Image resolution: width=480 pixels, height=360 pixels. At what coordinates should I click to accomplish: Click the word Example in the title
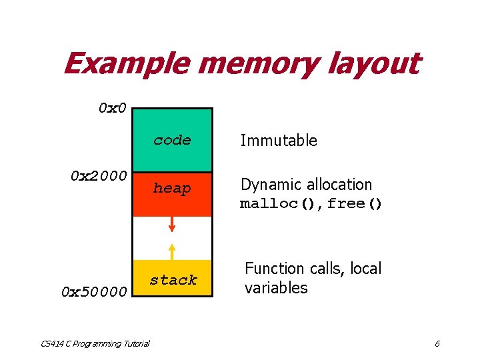click(127, 65)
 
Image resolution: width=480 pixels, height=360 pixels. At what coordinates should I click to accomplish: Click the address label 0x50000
click(93, 292)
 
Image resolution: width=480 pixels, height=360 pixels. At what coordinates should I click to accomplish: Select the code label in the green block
click(172, 140)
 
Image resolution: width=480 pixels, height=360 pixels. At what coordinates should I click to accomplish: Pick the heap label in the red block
click(172, 189)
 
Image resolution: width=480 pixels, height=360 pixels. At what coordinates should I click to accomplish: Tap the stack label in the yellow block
click(173, 280)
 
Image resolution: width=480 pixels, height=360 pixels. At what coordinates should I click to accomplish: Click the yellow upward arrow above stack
click(172, 251)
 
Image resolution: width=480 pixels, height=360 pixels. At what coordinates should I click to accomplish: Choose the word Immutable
click(279, 141)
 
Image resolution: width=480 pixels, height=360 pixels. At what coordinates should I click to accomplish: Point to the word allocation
click(336, 185)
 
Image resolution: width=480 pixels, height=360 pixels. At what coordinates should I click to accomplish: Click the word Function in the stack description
click(274, 269)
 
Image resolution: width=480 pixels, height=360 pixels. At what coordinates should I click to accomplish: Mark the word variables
click(276, 288)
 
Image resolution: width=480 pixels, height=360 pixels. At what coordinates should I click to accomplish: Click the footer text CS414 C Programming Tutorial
click(95, 343)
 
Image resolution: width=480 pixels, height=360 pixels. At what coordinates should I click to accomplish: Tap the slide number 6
click(437, 343)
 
